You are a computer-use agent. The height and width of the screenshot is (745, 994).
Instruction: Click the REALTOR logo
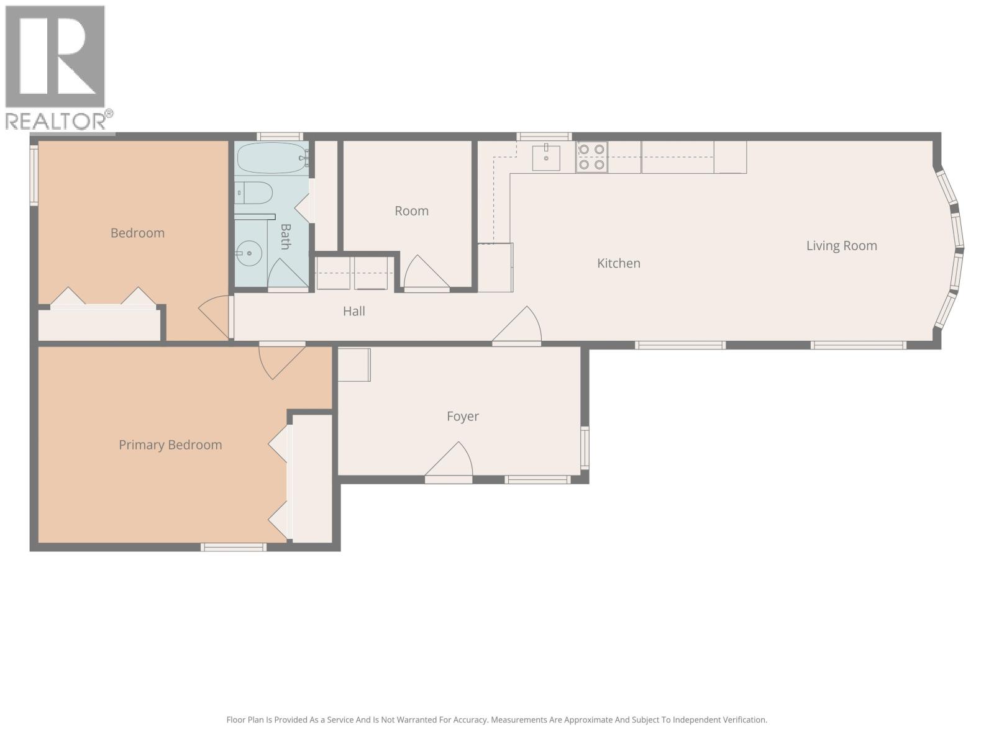pos(59,68)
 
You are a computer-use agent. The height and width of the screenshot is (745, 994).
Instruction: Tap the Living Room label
pos(841,246)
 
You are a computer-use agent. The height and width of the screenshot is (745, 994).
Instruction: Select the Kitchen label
pos(619,263)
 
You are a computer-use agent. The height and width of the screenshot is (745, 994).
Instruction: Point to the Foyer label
pos(462,416)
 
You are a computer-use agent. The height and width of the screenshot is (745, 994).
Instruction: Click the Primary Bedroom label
pos(170,445)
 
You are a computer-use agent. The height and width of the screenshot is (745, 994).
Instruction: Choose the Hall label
pos(353,311)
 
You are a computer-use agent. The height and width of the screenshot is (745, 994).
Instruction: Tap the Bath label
pos(285,237)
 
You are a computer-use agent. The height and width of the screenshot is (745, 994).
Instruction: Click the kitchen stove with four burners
pos(591,157)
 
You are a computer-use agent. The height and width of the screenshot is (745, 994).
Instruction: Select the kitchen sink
pos(545,157)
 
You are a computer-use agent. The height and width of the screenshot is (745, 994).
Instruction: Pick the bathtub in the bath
pos(272,158)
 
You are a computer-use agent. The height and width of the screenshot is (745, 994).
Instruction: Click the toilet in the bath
pos(253,192)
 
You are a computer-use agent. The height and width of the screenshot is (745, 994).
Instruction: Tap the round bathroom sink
pos(248,253)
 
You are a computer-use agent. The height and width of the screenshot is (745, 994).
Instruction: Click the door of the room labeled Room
pos(426,273)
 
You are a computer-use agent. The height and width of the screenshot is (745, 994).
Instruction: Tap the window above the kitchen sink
pos(544,136)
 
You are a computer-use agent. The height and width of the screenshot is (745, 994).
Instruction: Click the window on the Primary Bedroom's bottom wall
pos(234,548)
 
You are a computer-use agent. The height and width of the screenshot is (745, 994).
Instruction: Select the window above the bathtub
pos(280,136)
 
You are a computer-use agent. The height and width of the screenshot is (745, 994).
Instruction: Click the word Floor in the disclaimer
pos(238,720)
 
